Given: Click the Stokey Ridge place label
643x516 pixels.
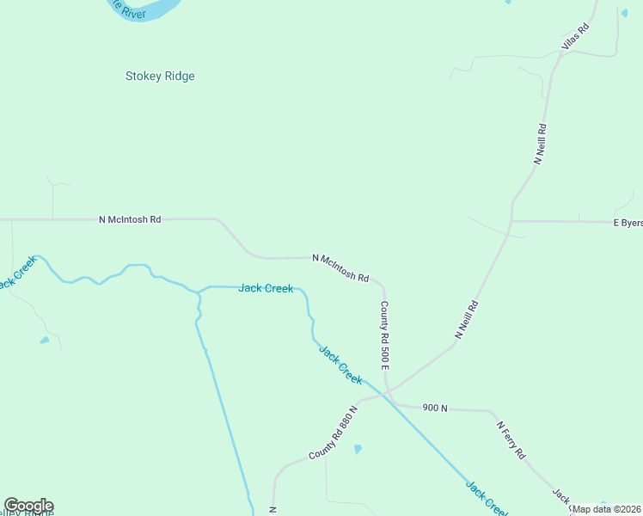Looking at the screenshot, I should [160, 76].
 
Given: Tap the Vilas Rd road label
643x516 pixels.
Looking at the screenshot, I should [575, 36].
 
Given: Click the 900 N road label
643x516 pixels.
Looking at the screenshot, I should [436, 408].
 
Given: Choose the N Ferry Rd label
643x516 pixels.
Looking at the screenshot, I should [510, 439].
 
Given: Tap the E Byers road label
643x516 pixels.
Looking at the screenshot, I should [627, 223].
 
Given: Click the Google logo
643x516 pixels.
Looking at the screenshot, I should [28, 506].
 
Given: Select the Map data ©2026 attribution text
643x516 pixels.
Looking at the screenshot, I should [607, 509].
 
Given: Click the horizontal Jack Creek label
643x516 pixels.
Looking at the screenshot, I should [266, 288].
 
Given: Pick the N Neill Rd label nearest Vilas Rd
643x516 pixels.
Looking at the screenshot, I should [541, 144].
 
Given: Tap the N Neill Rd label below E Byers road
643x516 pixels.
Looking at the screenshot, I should [466, 320].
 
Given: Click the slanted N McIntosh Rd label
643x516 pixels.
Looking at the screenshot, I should [340, 268].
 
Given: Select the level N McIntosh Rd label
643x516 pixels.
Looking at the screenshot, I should [130, 219].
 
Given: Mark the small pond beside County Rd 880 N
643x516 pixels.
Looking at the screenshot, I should [358, 449].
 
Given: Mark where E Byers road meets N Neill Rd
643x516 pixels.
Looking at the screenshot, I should [512, 221].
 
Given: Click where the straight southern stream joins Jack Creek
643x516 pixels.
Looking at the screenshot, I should [199, 291].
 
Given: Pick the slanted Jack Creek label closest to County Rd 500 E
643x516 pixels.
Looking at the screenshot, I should [340, 364].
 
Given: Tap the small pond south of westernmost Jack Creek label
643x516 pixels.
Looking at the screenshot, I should [44, 341].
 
